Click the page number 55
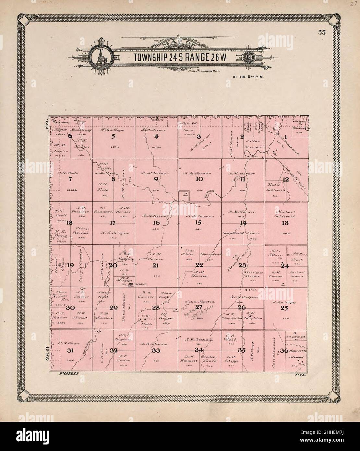[x=322, y=32]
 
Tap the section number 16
[x=156, y=223]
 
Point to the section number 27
[x=198, y=307]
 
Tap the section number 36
[x=284, y=350]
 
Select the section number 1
[x=285, y=136]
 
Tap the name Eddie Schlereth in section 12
[x=276, y=188]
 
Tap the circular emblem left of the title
[x=100, y=57]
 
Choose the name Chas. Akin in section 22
[x=189, y=252]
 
